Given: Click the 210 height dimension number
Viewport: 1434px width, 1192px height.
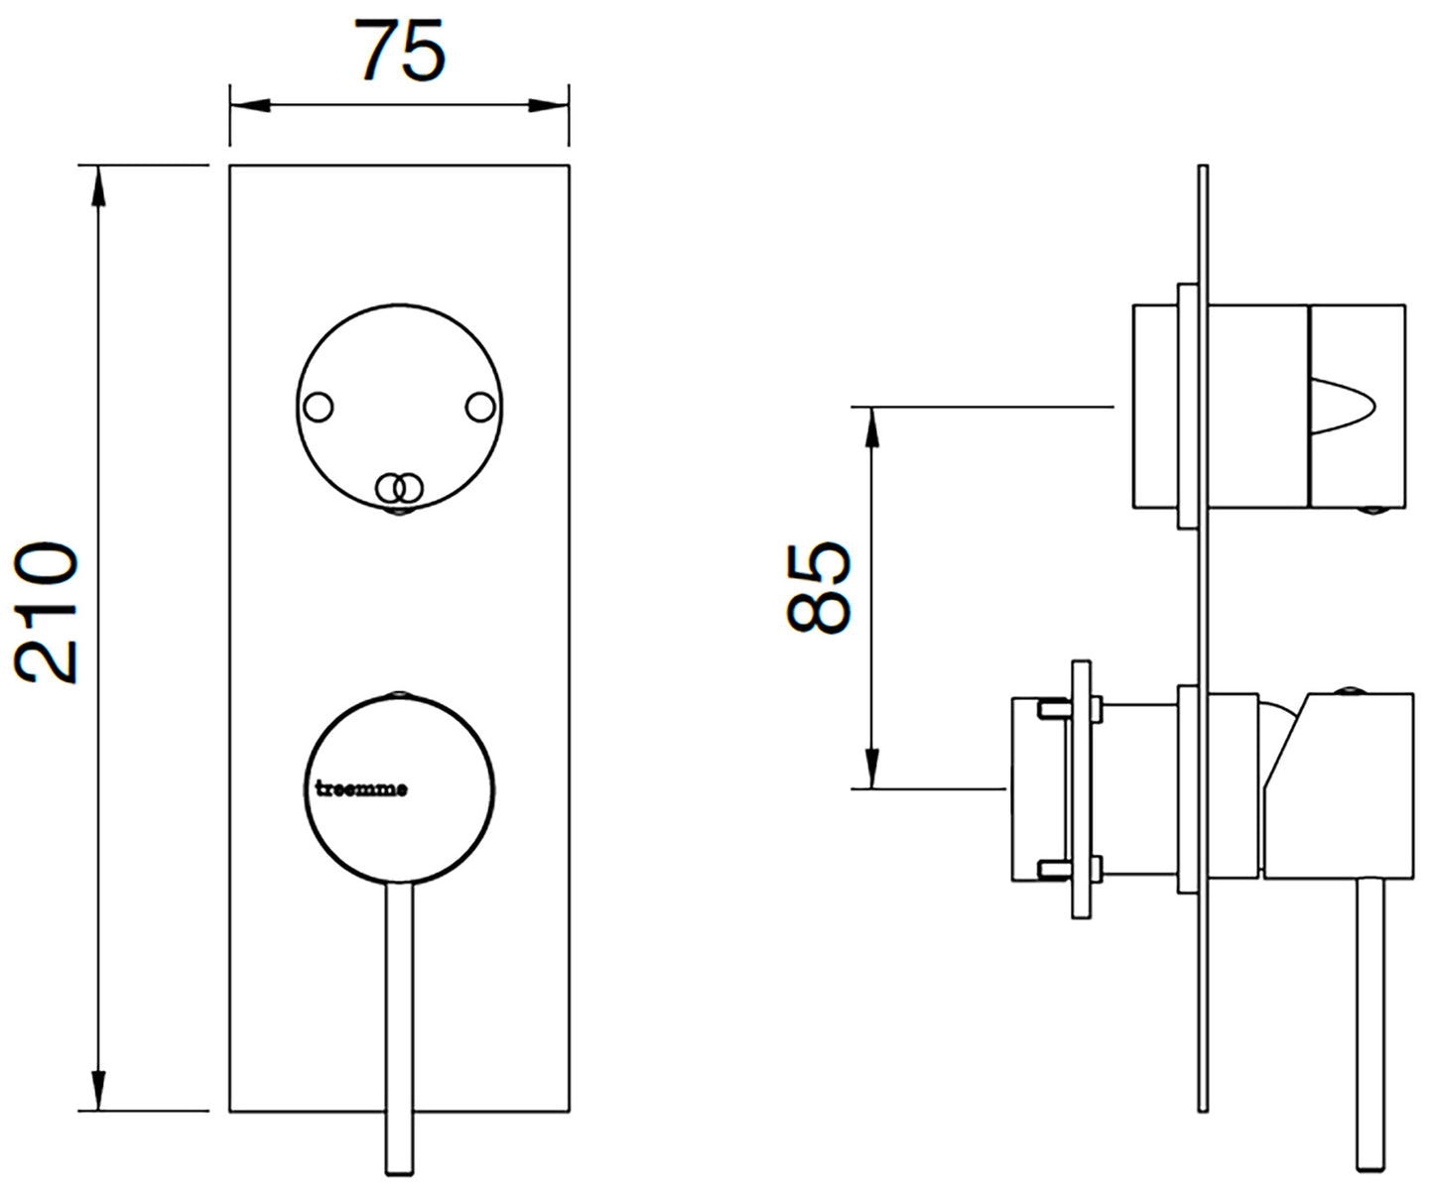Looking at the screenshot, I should (x=47, y=612).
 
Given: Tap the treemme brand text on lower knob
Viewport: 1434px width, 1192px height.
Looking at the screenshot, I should (x=360, y=789).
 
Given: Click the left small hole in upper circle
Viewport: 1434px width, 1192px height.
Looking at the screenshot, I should (x=319, y=408).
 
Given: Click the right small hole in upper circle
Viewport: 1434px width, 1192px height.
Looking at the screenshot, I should (x=479, y=408).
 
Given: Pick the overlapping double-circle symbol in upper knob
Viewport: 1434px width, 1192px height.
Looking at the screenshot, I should (x=399, y=487).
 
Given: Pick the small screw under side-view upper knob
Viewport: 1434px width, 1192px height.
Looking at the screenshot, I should (x=1373, y=511).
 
